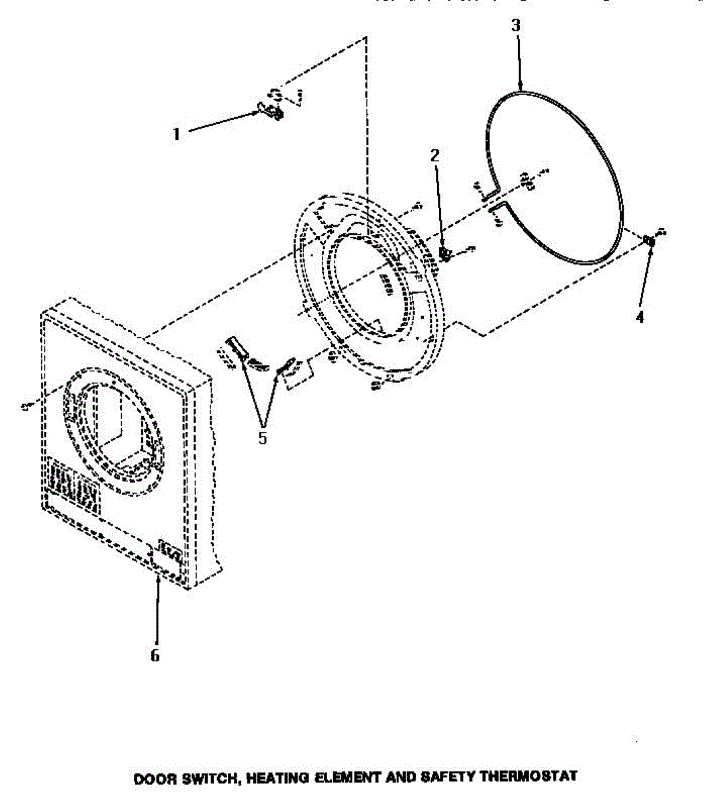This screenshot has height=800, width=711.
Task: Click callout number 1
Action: click(177, 134)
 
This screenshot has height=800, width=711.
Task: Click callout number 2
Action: click(434, 156)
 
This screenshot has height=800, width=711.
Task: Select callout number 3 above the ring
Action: click(516, 26)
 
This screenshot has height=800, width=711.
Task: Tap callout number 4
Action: click(640, 317)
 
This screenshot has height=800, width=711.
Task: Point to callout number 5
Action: click(263, 438)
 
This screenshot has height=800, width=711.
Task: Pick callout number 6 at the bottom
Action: click(155, 655)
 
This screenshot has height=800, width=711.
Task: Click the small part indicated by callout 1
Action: click(271, 110)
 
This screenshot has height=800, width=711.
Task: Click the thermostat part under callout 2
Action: click(445, 253)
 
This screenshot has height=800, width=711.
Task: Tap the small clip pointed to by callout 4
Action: click(650, 241)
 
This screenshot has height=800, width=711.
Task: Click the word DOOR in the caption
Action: click(151, 778)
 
